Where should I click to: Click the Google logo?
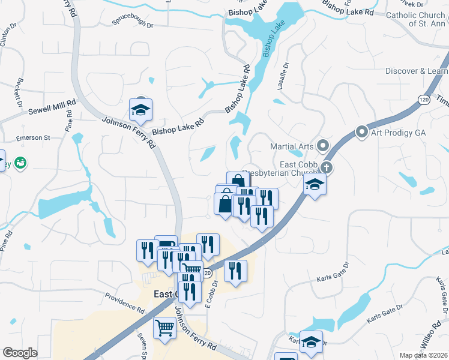click(20, 353)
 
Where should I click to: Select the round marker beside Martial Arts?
click(323, 145)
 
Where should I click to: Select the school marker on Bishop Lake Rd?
click(141, 110)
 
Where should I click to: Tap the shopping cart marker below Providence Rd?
click(164, 328)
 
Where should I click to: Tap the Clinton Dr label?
click(8, 37)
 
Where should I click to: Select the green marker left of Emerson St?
click(22, 163)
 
